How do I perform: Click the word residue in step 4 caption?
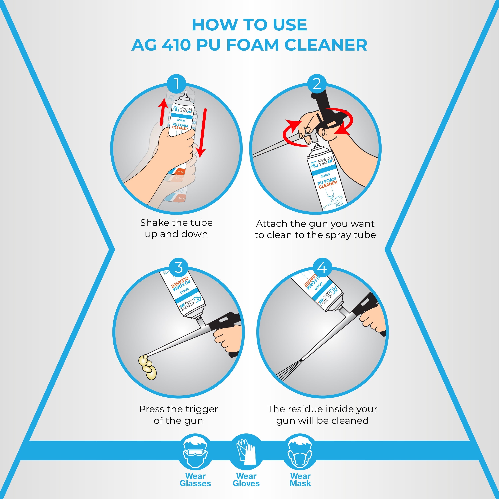(313, 409)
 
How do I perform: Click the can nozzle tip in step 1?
(185, 93)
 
